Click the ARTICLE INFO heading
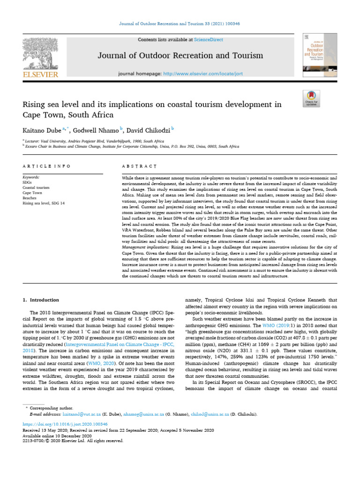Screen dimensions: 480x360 46,166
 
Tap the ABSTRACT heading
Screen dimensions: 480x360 139,166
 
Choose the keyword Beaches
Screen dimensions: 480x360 30,197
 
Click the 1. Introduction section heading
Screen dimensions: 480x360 41,300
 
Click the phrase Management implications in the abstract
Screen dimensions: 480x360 146,247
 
